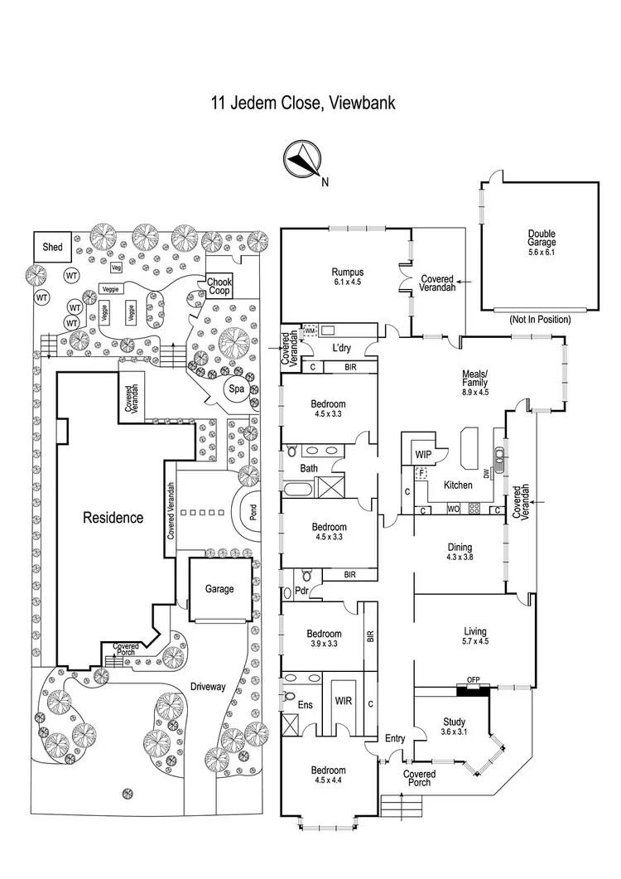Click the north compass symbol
[301, 159]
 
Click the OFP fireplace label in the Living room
[474, 682]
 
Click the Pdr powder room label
[301, 591]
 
